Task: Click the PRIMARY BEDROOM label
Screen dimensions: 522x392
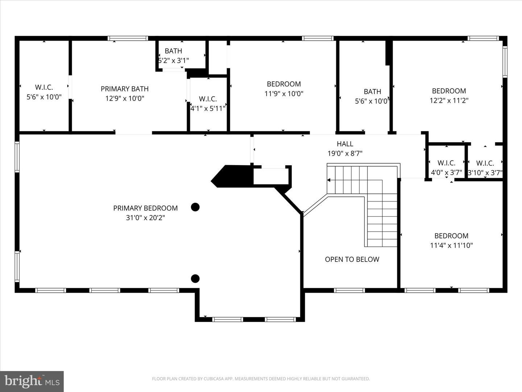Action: (x=145, y=208)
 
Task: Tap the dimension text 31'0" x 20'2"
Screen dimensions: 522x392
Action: (x=145, y=218)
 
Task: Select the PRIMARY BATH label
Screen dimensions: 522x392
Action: (x=125, y=89)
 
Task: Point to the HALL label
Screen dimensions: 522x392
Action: (x=345, y=144)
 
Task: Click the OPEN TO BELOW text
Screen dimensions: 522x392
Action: (x=352, y=259)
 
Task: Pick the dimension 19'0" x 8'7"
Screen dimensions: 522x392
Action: (x=345, y=154)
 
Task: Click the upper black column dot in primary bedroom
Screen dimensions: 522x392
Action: (x=195, y=207)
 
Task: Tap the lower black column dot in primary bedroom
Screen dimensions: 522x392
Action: (x=195, y=278)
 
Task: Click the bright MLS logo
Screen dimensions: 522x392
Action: (x=32, y=381)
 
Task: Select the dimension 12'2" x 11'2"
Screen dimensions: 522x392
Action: (x=449, y=101)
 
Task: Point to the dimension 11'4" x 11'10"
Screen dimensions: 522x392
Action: (x=451, y=245)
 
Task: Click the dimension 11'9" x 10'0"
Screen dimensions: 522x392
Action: (x=284, y=94)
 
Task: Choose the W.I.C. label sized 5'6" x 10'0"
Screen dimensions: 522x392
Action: (x=44, y=87)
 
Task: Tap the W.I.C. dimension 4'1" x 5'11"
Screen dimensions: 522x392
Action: (x=208, y=109)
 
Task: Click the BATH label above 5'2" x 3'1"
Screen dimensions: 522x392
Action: (x=173, y=51)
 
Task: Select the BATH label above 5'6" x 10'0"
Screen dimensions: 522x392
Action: (x=372, y=91)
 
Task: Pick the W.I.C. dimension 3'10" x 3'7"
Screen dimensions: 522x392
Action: (x=485, y=173)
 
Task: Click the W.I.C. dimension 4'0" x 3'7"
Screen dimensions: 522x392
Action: (x=446, y=172)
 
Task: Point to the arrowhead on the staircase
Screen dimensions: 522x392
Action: (x=329, y=180)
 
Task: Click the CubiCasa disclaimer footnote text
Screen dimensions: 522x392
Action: (x=261, y=379)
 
